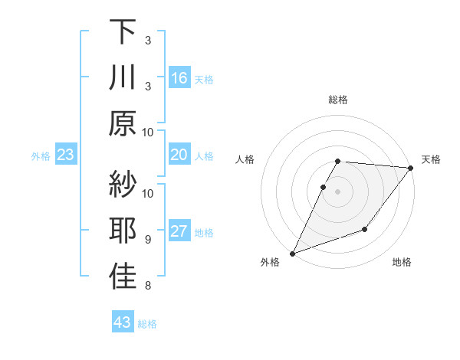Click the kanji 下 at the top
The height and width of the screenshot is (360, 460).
pos(123,33)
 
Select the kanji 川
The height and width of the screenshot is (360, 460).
pos(123,79)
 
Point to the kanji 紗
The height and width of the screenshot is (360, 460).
pos(123,185)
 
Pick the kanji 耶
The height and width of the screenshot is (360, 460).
pos(123,232)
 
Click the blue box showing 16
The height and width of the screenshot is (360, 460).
pos(179,78)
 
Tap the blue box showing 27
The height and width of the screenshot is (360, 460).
pos(179,232)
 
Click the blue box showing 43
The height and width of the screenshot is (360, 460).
pos(122,322)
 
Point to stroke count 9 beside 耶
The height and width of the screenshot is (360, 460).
pos(147,240)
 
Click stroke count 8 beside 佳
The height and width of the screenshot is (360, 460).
pos(147,286)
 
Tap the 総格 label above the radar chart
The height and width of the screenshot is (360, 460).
pos(337,100)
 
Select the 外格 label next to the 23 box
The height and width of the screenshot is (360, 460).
pos(41,156)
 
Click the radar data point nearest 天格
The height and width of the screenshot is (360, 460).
pos(412,169)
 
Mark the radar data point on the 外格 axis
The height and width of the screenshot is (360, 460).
pos(292,253)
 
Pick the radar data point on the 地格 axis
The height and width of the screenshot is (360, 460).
pos(365,229)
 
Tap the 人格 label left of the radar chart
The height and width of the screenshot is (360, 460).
pos(246,159)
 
